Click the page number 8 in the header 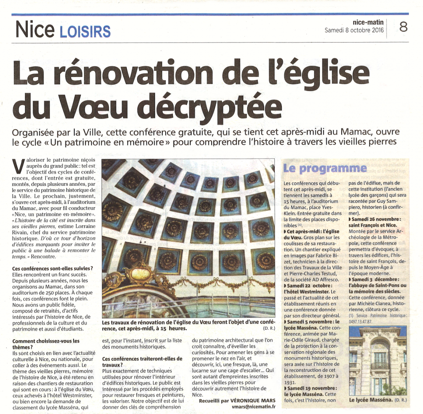point(403,27)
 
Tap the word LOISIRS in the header point(85,31)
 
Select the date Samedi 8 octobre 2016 point(354,30)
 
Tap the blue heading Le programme point(325,168)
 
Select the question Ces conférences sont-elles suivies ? point(52,268)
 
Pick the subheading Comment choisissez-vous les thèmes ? point(46,344)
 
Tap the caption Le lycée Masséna point(369,400)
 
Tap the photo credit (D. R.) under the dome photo point(269,329)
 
